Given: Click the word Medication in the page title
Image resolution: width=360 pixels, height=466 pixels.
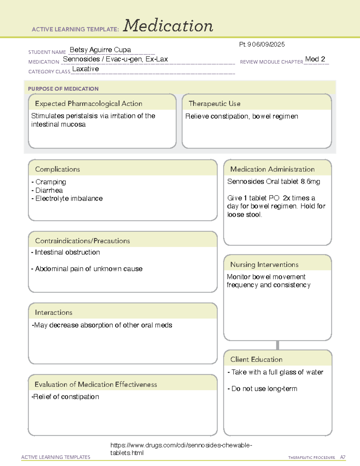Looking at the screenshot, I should [x=168, y=26].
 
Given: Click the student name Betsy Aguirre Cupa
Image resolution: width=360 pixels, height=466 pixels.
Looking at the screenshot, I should [x=100, y=50].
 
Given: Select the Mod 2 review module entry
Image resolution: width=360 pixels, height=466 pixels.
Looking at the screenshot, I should [x=315, y=59].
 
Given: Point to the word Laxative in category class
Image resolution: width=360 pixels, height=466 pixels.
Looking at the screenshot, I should [x=85, y=69].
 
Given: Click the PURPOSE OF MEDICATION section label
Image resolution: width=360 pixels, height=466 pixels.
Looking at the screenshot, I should [x=63, y=89].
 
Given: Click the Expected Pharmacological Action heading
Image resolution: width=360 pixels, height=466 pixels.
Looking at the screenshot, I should [x=88, y=104].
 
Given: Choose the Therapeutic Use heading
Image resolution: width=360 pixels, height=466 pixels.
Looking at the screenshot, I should [x=214, y=104].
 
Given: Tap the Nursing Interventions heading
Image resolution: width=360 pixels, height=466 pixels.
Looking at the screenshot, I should [x=264, y=265].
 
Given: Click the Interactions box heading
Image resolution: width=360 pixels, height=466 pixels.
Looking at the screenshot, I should [x=53, y=313].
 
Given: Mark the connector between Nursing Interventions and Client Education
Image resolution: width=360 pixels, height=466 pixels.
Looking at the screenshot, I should [x=277, y=345].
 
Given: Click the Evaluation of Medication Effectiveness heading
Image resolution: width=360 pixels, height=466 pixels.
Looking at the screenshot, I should [x=96, y=384].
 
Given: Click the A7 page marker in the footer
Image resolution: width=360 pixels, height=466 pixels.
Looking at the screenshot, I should [x=342, y=457].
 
